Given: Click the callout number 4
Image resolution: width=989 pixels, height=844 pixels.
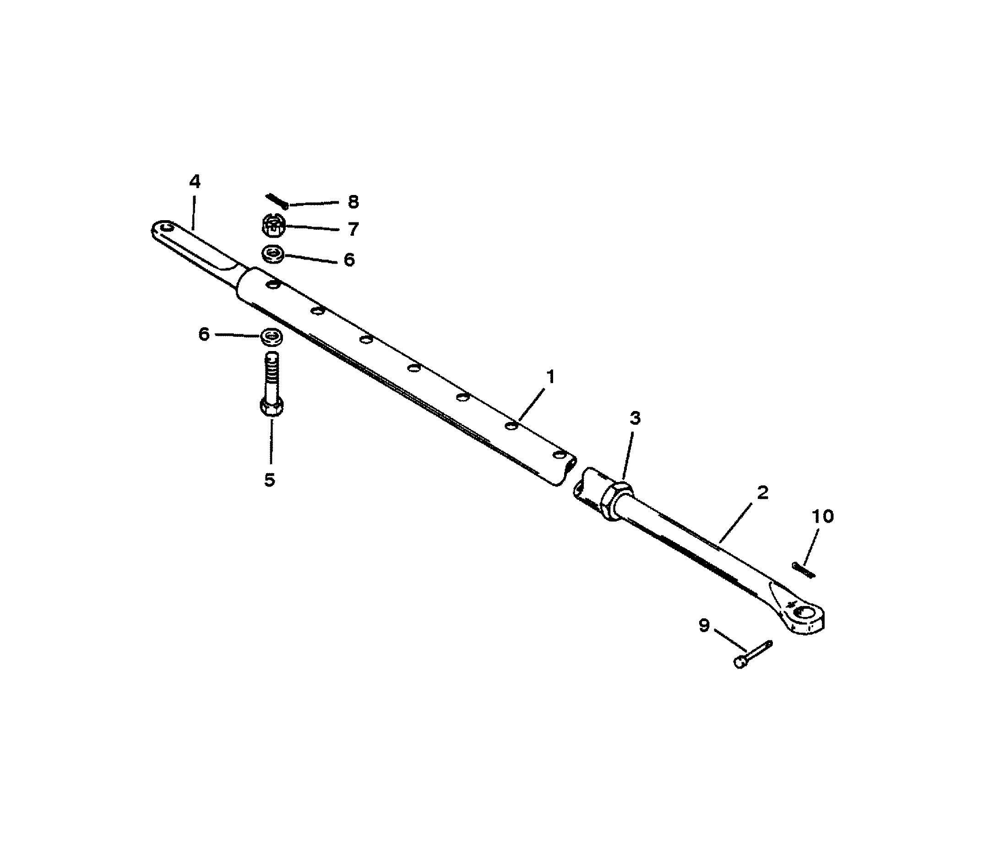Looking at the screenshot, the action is pyautogui.click(x=195, y=182).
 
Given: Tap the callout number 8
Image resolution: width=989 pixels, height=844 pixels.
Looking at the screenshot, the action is pyautogui.click(x=353, y=202).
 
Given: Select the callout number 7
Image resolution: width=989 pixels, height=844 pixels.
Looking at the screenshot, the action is pyautogui.click(x=353, y=229).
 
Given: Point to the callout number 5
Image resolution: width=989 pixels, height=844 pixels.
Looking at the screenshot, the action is pyautogui.click(x=270, y=480).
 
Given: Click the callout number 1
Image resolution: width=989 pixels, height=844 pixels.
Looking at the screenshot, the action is pyautogui.click(x=551, y=377).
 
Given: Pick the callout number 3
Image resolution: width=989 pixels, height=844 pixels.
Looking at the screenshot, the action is pyautogui.click(x=635, y=418).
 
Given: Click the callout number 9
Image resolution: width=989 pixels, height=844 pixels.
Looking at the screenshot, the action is pyautogui.click(x=705, y=626).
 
